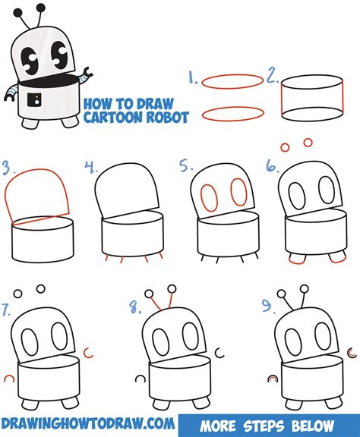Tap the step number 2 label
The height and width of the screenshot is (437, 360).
[271, 76]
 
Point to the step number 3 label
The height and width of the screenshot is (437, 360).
[8, 166]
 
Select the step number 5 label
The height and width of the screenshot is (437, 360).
[184, 165]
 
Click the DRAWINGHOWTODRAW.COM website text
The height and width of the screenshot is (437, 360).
[88, 422]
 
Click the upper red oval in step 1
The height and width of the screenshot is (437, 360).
[232, 81]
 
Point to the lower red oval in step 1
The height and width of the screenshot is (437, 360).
[232, 114]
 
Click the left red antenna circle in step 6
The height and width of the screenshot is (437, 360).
[286, 147]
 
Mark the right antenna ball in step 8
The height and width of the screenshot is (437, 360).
[172, 289]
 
